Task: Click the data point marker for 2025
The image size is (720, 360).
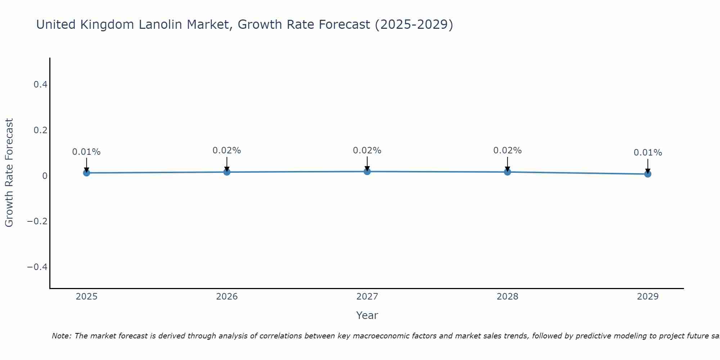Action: [x=86, y=173]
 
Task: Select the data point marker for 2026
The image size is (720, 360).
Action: [x=227, y=172]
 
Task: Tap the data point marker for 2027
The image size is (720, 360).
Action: [x=367, y=171]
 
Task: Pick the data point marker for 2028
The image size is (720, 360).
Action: [x=507, y=172]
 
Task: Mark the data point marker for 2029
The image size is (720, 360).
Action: [x=648, y=174]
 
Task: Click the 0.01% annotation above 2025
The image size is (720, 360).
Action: [x=86, y=152]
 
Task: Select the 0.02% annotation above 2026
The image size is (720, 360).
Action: [x=227, y=150]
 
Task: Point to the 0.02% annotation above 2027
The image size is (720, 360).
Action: [x=367, y=150]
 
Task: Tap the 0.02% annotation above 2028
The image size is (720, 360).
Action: [x=507, y=150]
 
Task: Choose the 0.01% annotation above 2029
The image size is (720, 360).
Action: [x=648, y=153]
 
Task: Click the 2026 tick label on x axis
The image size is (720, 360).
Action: [x=227, y=297]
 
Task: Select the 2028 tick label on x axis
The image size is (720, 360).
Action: [x=507, y=297]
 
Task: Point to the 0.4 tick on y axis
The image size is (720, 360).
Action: [x=40, y=85]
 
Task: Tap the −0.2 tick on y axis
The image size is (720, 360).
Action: [x=37, y=221]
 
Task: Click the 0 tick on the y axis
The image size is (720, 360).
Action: [x=45, y=176]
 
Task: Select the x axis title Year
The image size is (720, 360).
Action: [x=367, y=315]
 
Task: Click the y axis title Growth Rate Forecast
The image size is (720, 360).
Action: [x=9, y=173]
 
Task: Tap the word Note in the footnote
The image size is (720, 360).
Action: [x=61, y=336]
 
